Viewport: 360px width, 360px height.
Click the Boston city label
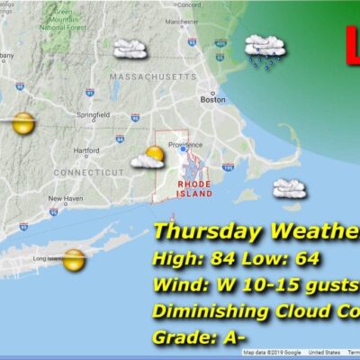click(212, 100)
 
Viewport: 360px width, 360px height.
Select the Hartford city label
click(86, 150)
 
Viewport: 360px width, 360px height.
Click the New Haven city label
click(65, 198)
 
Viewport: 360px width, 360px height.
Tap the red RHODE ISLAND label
click(195, 188)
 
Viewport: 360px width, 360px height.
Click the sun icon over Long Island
click(75, 260)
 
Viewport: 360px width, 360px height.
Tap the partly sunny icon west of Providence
click(150, 157)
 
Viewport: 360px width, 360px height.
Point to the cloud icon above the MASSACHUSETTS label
click(130, 49)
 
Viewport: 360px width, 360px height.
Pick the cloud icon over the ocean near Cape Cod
click(288, 188)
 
